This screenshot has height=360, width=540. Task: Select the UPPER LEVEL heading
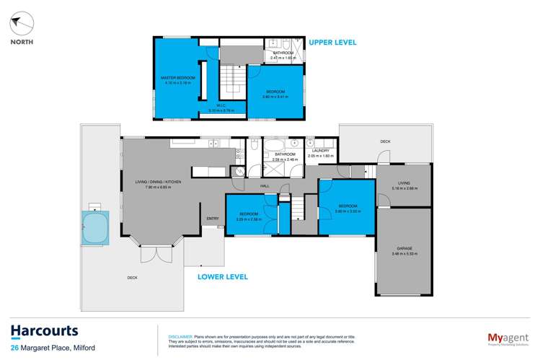[332, 43]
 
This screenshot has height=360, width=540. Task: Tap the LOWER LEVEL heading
[223, 276]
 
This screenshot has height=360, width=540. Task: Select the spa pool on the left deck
[94, 227]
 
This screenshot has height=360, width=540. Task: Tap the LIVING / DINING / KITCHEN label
[158, 182]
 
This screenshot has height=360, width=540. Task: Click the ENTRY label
[212, 219]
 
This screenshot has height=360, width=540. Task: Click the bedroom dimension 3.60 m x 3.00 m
[347, 212]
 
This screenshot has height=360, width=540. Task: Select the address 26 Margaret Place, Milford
[55, 349]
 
